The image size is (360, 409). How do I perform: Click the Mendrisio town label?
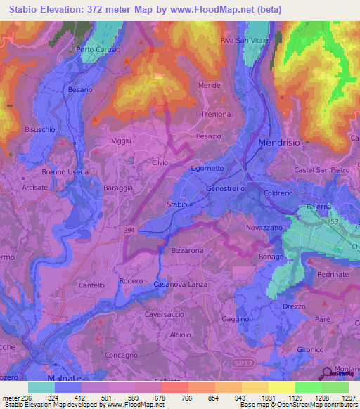(279, 142)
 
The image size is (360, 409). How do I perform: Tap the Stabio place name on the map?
(176, 204)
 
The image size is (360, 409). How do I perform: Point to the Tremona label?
(216, 114)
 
